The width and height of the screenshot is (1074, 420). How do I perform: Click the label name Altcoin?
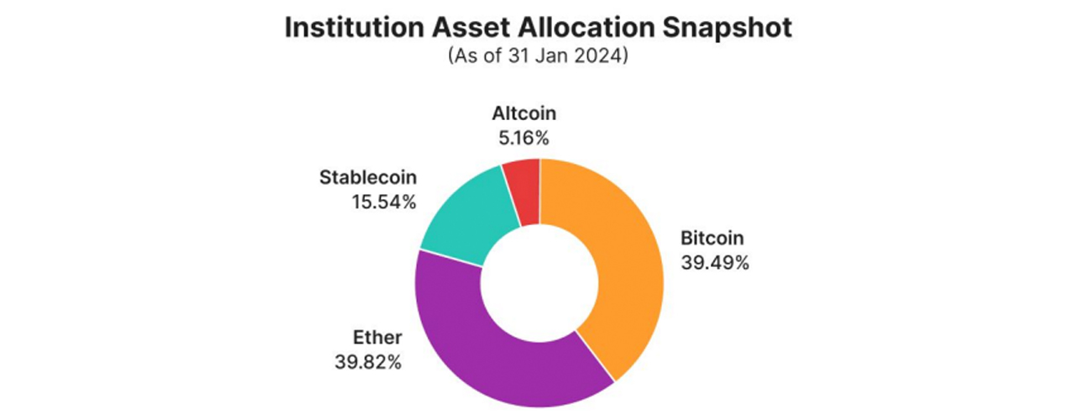tap(524, 113)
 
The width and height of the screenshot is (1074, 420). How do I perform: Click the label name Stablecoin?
tap(368, 178)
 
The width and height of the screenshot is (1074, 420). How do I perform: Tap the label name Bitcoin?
tap(712, 239)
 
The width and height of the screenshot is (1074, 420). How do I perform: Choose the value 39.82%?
tap(368, 362)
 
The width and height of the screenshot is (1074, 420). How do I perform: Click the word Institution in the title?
tap(349, 27)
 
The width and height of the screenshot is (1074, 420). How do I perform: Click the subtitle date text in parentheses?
tap(537, 56)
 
